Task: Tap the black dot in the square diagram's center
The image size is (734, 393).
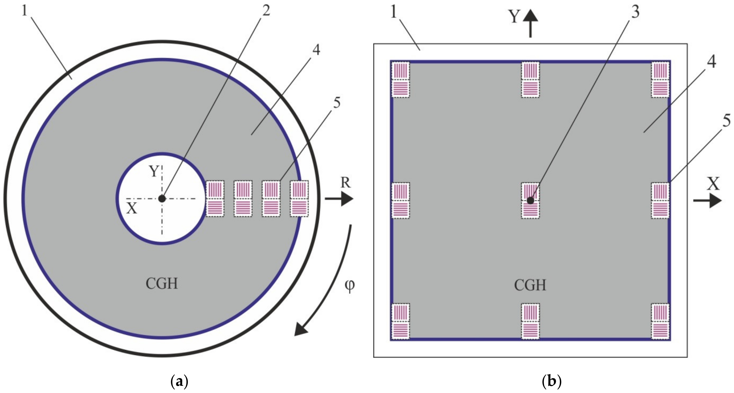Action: [530, 201]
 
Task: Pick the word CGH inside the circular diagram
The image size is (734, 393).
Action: [162, 284]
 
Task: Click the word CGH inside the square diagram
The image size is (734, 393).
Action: [530, 285]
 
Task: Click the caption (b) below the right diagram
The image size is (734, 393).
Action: [551, 381]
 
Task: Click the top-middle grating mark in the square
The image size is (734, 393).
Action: [530, 79]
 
